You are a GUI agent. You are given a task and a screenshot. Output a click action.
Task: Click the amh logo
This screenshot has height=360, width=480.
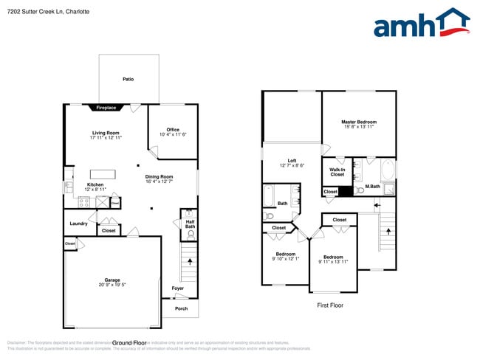tap(421, 24)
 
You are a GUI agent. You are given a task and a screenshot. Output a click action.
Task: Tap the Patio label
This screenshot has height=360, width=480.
tap(128, 78)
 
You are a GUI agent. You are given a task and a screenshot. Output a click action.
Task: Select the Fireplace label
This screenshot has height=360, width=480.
tap(106, 108)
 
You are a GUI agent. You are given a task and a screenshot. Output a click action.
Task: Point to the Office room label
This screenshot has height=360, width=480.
tap(173, 130)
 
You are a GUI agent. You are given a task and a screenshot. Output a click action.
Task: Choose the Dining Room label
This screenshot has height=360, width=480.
tap(159, 176)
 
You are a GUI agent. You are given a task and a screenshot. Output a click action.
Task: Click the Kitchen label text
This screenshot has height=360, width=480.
tap(96, 184)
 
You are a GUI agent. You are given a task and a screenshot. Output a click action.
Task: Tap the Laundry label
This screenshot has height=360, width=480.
tap(79, 224)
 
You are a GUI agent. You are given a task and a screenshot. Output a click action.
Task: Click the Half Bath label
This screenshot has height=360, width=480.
tap(190, 224)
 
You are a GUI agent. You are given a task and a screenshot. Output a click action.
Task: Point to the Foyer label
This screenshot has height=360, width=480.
tap(178, 288)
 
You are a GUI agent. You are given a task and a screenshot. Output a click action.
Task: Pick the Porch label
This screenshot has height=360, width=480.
tap(181, 308)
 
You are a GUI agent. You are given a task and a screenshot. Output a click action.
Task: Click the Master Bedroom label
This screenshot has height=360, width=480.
tap(359, 122)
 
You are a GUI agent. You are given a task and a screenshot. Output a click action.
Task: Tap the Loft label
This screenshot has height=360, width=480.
tap(292, 161)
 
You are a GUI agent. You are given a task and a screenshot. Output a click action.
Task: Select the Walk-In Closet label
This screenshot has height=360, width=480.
tap(337, 172)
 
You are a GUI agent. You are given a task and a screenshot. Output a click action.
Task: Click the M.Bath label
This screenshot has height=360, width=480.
tap(372, 187)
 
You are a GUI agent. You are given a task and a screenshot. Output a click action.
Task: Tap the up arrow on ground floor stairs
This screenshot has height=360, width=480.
tap(191, 260)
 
